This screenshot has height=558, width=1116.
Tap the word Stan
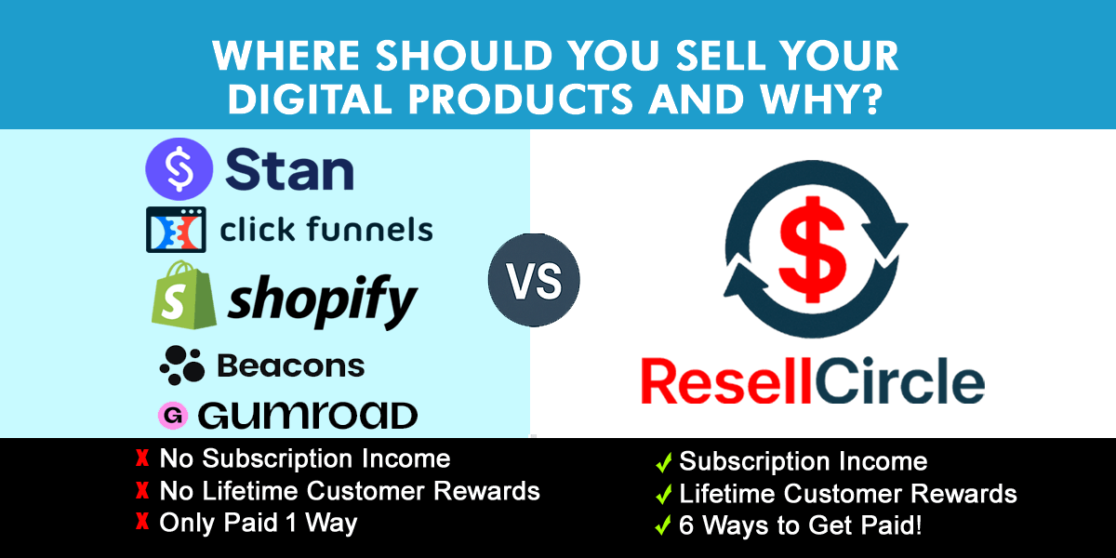click(288, 169)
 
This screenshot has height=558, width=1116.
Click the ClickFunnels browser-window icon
click(175, 229)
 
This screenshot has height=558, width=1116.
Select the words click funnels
click(325, 229)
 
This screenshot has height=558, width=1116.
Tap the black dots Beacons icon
click(181, 365)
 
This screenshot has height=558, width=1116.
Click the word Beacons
click(290, 365)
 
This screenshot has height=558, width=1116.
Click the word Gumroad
click(307, 415)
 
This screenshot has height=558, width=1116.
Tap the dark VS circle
click(534, 280)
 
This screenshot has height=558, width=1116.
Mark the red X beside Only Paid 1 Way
click(142, 524)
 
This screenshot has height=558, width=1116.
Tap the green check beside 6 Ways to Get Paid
click(664, 526)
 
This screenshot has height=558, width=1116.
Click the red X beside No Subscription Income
click(142, 458)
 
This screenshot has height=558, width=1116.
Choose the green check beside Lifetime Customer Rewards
click(664, 494)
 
